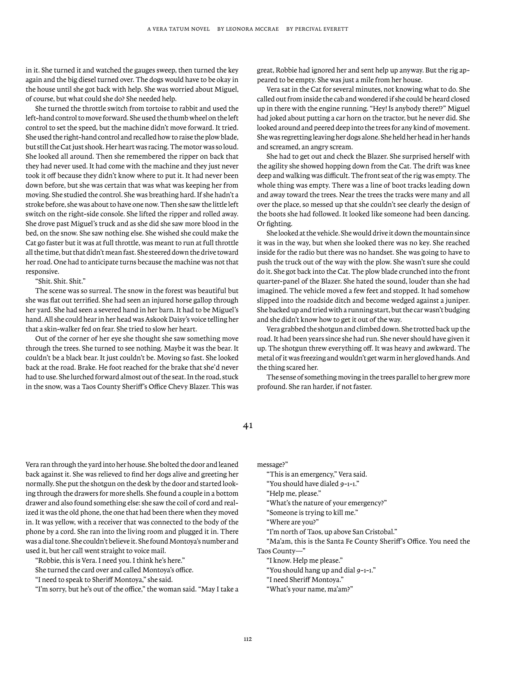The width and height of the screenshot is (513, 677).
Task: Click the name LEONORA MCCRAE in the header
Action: (252, 29)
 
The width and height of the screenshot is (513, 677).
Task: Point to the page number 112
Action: (248, 639)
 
